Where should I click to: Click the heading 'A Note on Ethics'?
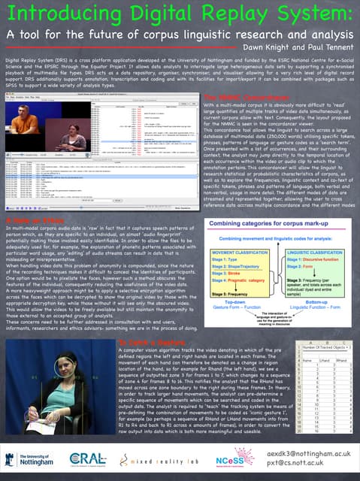click(32, 199)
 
